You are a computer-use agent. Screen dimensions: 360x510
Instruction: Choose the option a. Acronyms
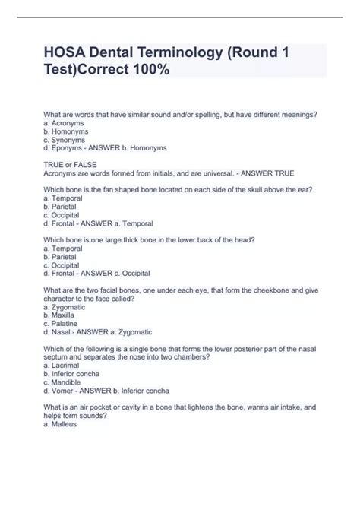pyautogui.click(x=65, y=122)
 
